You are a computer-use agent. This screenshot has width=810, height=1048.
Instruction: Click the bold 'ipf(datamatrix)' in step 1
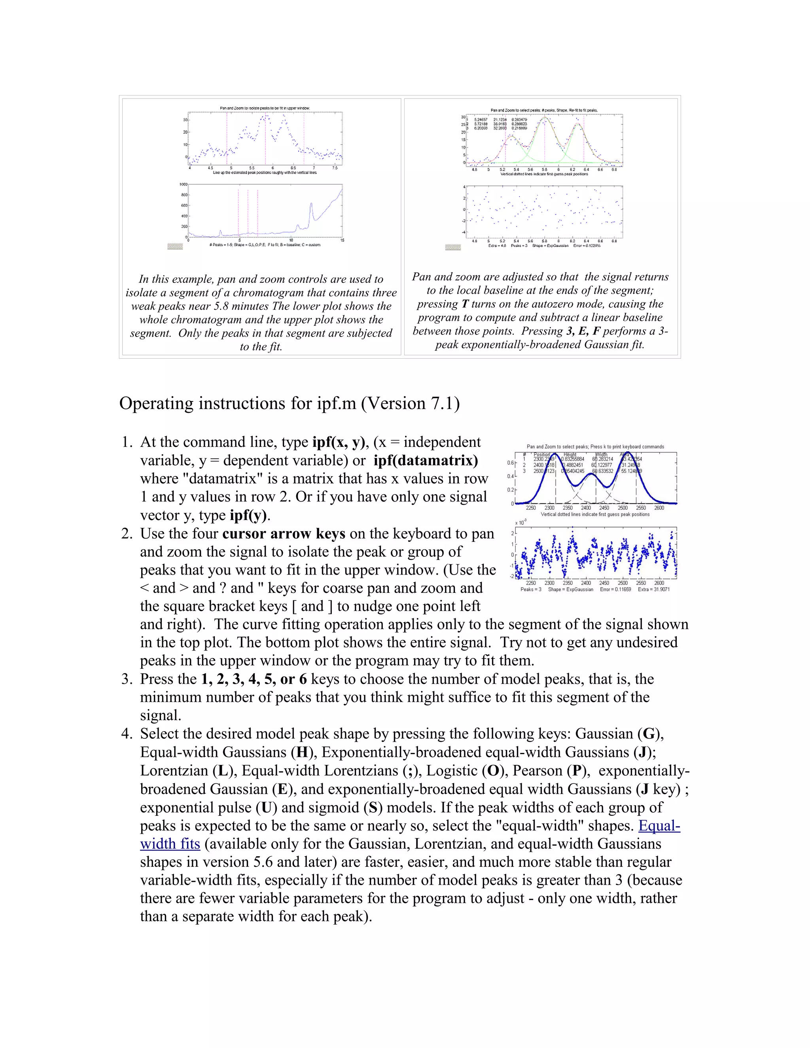click(x=426, y=461)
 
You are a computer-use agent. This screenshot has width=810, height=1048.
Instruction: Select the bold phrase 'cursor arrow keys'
click(x=284, y=533)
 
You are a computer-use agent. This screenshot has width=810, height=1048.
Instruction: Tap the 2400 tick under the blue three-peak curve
click(x=586, y=508)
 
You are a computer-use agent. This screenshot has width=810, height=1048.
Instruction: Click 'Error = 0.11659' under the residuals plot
click(x=615, y=589)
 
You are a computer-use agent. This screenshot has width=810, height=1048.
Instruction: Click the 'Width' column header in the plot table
click(x=601, y=454)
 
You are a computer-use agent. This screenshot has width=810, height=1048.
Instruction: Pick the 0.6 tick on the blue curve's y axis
click(x=510, y=463)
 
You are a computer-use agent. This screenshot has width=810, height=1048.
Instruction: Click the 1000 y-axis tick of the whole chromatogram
click(x=183, y=184)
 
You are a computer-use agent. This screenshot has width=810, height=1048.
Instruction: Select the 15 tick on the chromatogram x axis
click(x=342, y=240)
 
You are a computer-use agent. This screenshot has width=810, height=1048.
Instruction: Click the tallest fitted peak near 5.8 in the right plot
click(x=544, y=117)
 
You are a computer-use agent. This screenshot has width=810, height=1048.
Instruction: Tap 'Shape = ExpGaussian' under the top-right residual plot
click(x=551, y=245)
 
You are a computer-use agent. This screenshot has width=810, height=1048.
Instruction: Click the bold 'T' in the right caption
click(x=465, y=304)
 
